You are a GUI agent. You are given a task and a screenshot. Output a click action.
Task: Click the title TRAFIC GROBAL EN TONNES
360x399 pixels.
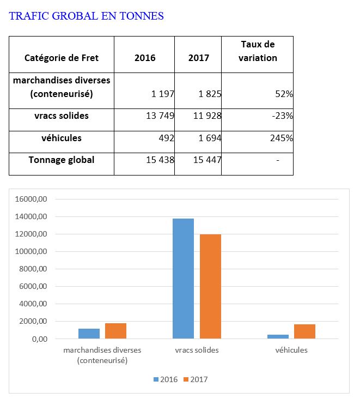87,16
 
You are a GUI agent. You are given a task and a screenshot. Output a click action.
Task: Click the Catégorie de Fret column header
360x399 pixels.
62,58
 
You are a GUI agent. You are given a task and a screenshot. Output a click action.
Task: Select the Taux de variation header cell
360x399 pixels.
258,51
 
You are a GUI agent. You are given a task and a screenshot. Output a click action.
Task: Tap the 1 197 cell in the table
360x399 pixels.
163,94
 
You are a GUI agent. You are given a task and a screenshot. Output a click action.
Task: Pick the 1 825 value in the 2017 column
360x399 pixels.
210,94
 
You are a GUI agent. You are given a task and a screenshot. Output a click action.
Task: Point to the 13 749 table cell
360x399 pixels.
158,116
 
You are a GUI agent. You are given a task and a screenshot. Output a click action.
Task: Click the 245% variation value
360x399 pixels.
282,138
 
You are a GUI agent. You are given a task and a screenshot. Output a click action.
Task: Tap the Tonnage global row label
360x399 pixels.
62,160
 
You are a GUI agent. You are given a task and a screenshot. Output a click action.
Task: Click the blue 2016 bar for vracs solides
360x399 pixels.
183,279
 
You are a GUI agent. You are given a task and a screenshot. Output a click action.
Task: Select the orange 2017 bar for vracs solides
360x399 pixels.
211,287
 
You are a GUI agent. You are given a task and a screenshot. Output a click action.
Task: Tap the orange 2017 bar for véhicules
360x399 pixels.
304,331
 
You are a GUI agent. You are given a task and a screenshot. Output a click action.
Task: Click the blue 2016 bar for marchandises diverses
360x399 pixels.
89,334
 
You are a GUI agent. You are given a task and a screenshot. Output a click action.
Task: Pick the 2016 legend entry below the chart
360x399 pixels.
165,379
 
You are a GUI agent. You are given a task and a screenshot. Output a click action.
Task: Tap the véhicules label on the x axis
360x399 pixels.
291,350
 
